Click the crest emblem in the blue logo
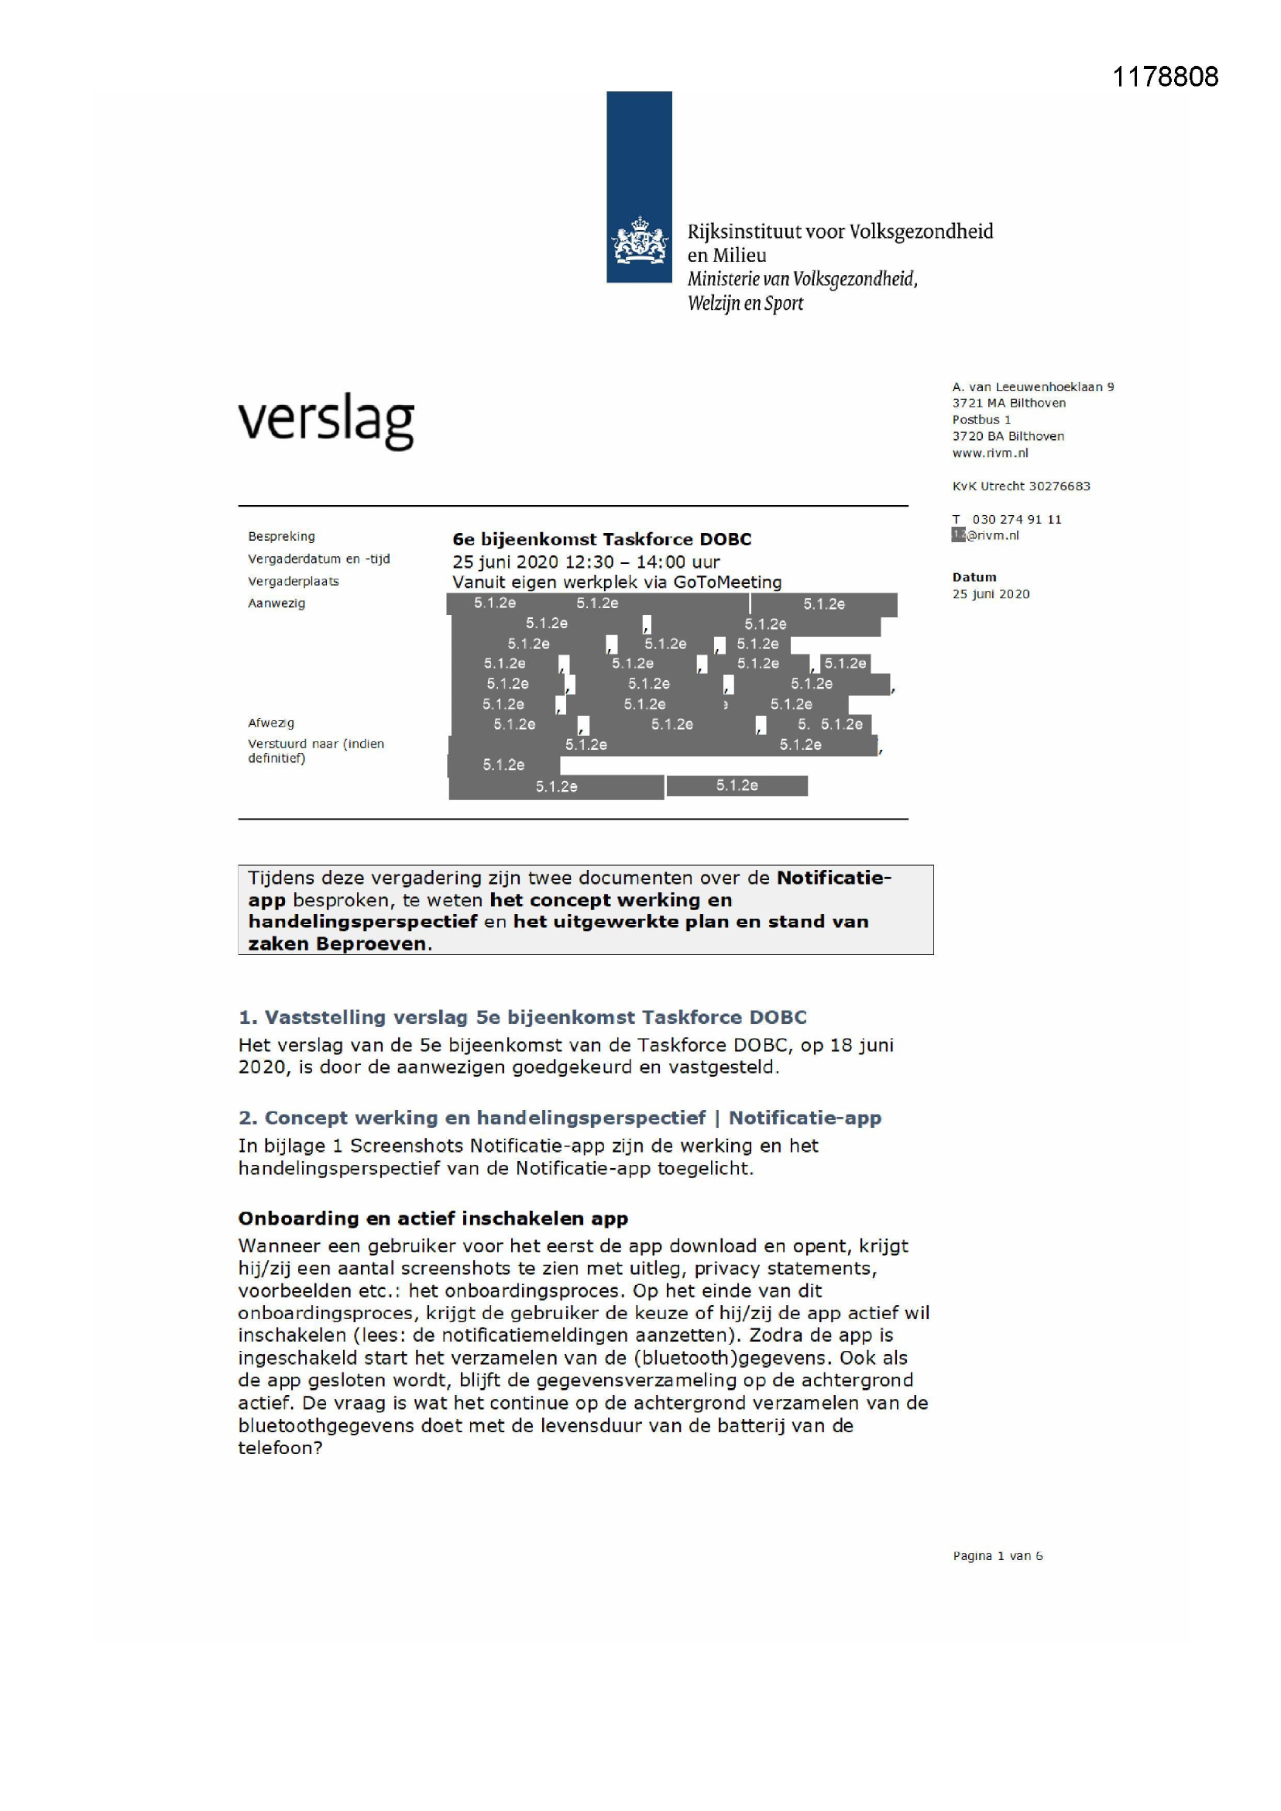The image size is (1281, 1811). coord(639,242)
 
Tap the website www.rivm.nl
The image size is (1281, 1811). coord(990,452)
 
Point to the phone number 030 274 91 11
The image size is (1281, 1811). coord(1017,519)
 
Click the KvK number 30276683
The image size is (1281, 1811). coord(1059,486)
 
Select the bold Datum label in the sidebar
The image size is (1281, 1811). coord(974,577)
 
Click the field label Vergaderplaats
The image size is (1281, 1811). coord(294,581)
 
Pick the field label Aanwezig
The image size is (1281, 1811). coord(276,603)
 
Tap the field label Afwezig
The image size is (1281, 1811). coord(270,723)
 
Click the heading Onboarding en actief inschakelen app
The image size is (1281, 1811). coord(433,1218)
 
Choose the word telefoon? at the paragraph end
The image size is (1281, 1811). coord(280,1448)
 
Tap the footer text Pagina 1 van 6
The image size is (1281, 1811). coord(997,1555)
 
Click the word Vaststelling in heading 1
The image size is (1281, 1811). coord(325,1017)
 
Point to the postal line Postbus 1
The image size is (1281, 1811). coord(981,420)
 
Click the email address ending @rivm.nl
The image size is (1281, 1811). coord(991,535)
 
